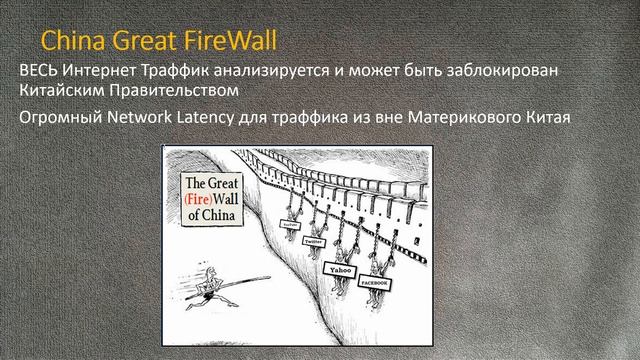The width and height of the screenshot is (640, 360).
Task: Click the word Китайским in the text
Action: (x=64, y=93)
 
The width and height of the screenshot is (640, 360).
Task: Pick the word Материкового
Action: (x=475, y=118)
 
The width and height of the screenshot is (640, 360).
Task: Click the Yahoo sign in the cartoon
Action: (x=336, y=268)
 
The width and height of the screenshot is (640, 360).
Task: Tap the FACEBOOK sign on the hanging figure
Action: (x=379, y=284)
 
